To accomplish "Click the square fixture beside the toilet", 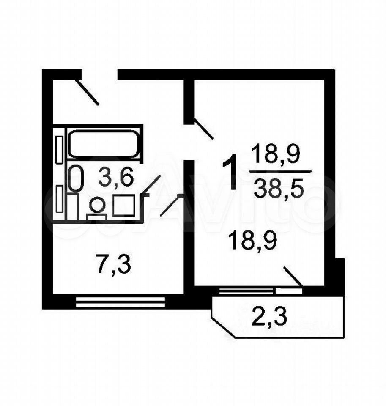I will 123,206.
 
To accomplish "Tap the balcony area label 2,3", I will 269,316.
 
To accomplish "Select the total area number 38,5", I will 279,189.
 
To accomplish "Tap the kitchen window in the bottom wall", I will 120,302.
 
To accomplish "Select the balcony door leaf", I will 293,276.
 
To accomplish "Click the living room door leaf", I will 203,129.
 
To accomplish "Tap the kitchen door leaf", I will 171,206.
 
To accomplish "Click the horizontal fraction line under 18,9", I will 280,172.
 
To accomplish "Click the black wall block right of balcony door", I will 339,277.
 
